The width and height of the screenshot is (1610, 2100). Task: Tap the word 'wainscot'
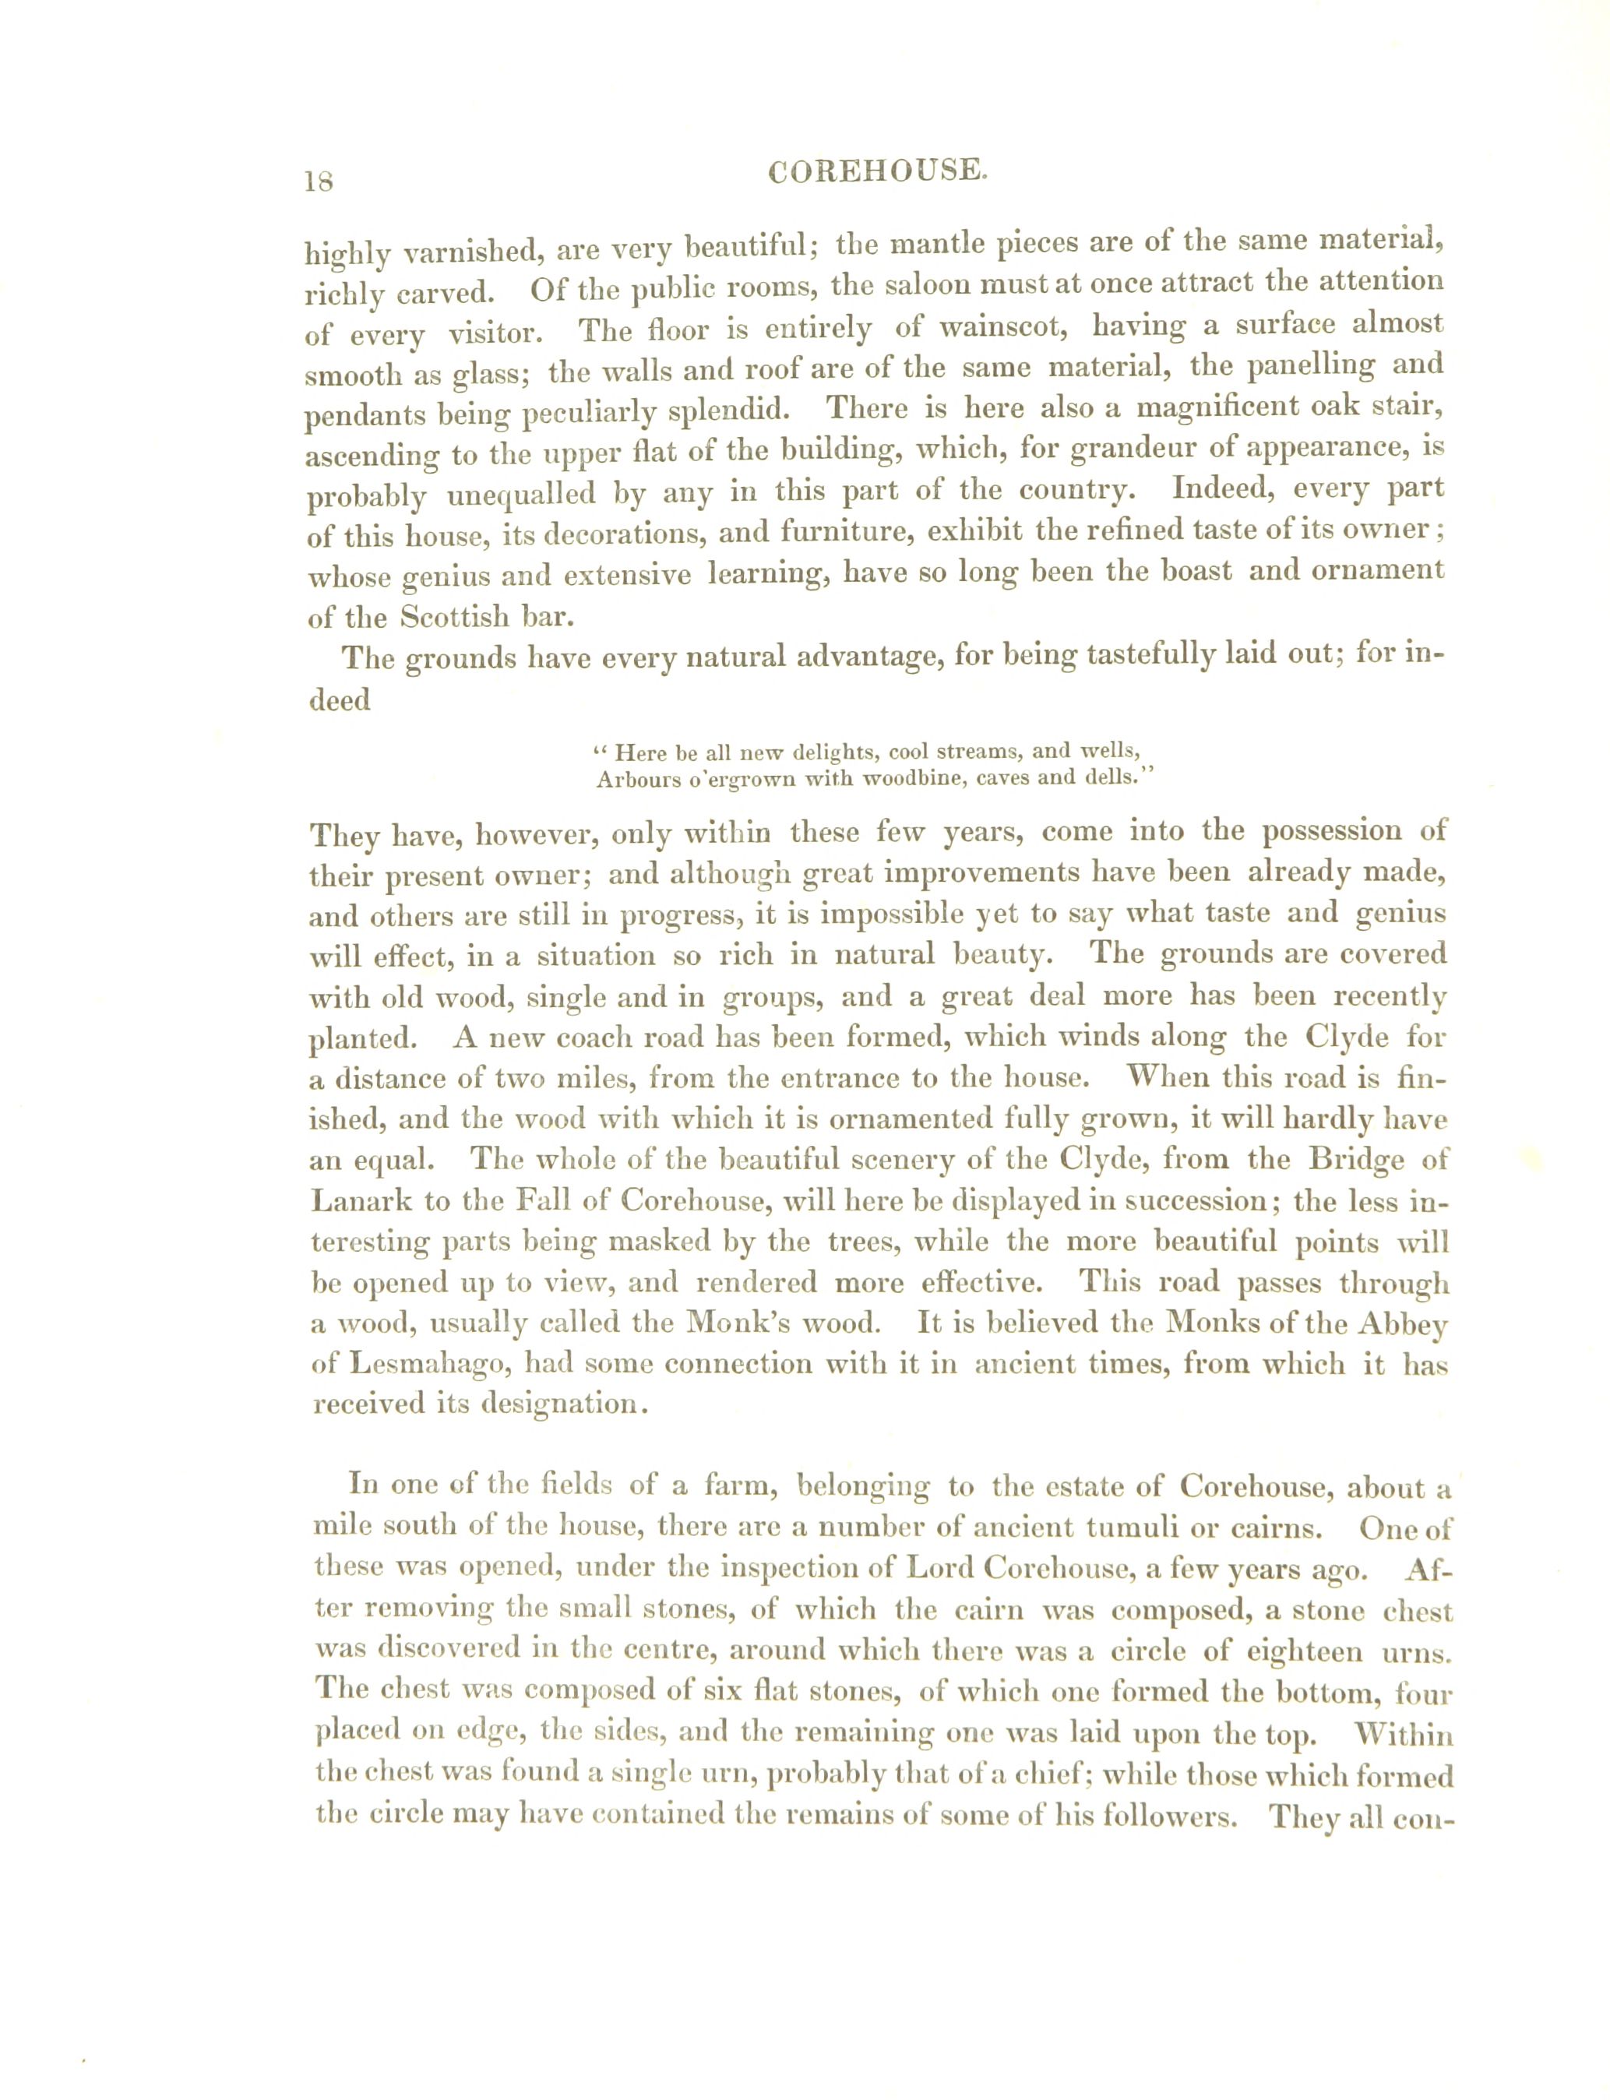point(1002,328)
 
